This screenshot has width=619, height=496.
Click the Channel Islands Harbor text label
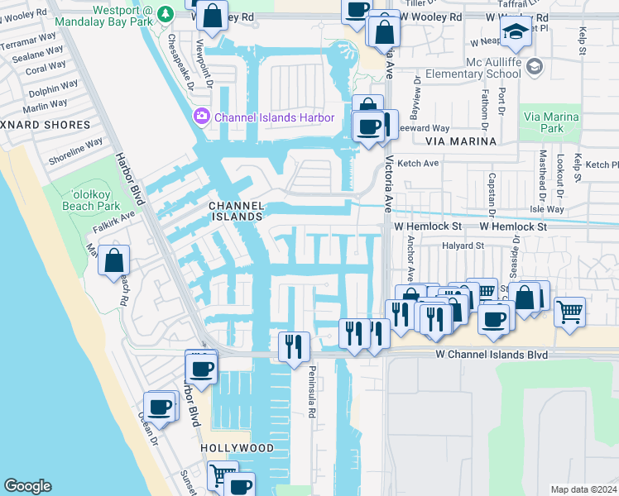274,117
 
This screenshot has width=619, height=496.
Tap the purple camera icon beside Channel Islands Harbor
202,117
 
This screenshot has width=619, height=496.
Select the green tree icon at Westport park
166,14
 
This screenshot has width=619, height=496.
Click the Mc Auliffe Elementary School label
473,73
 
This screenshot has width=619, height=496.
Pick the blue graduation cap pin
515,33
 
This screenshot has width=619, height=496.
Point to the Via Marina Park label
554,122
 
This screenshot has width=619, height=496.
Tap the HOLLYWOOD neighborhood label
237,447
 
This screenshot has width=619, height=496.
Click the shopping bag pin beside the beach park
114,260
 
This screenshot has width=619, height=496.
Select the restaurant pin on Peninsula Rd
294,346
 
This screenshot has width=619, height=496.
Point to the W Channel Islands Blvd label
492,355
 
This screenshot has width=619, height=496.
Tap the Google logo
27,486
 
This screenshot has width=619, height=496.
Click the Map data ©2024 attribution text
583,489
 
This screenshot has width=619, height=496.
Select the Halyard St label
462,246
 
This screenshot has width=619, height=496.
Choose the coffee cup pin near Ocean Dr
159,407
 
